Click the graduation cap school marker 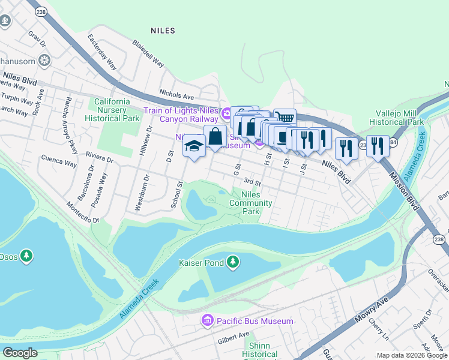pyautogui.click(x=194, y=146)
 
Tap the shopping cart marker pyautogui.click(x=285, y=118)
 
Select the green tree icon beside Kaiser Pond pyautogui.click(x=233, y=262)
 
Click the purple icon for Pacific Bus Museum pyautogui.click(x=208, y=321)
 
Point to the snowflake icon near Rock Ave pyautogui.click(x=44, y=60)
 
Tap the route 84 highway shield pyautogui.click(x=393, y=143)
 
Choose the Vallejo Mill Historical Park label pyautogui.click(x=396, y=118)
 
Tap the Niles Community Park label pyautogui.click(x=251, y=203)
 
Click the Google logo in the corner pyautogui.click(x=20, y=353)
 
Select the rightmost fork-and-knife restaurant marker pyautogui.click(x=377, y=146)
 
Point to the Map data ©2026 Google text pyautogui.click(x=412, y=355)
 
